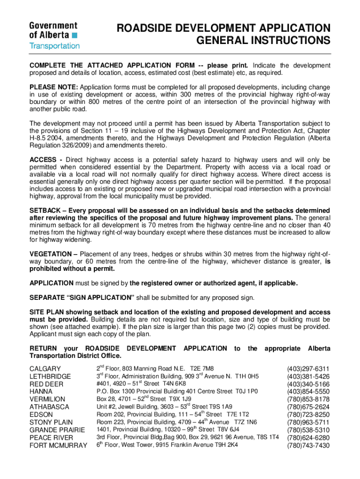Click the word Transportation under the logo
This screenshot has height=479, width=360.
click(55, 46)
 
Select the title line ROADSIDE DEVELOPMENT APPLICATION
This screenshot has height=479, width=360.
click(223, 28)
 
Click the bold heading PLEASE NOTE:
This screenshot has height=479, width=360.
click(54, 87)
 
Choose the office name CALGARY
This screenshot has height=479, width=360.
click(45, 369)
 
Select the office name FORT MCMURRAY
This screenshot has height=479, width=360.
click(58, 445)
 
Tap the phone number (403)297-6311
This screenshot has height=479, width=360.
click(308, 369)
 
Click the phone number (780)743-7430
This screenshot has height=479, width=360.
click(308, 445)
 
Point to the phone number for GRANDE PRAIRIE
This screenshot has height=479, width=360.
click(308, 430)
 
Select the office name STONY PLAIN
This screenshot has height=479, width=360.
click(51, 422)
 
